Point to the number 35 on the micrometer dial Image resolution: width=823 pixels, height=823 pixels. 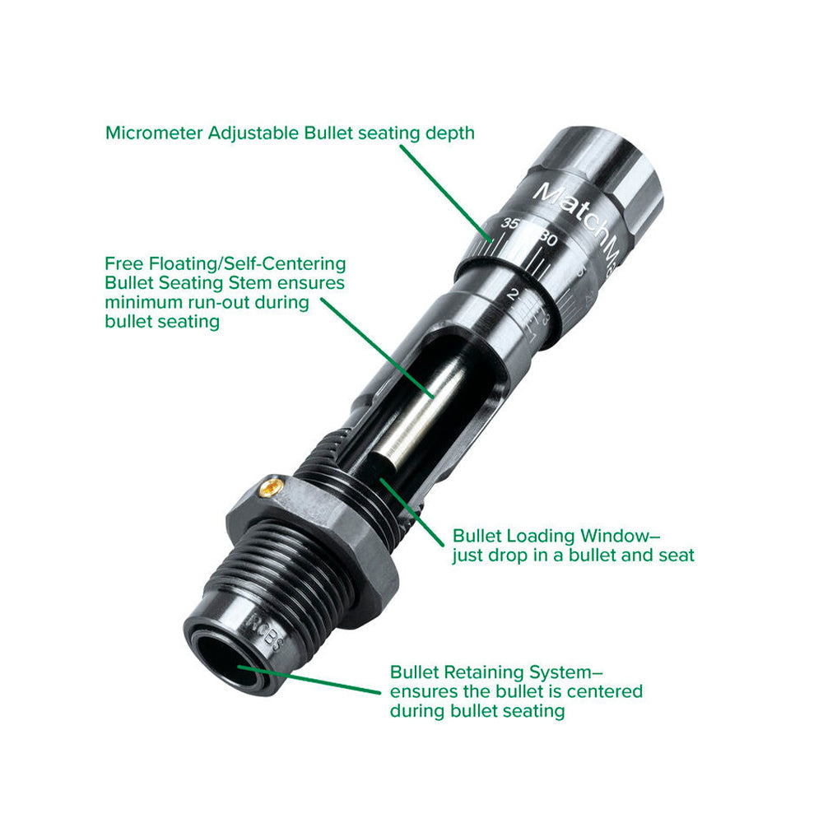509,223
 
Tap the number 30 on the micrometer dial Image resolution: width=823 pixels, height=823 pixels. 547,239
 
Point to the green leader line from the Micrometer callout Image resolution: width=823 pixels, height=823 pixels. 447,193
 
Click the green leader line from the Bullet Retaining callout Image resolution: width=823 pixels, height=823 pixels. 309,680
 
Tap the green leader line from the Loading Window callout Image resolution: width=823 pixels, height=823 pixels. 412,512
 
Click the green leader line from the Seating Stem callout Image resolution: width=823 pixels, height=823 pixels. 378,348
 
